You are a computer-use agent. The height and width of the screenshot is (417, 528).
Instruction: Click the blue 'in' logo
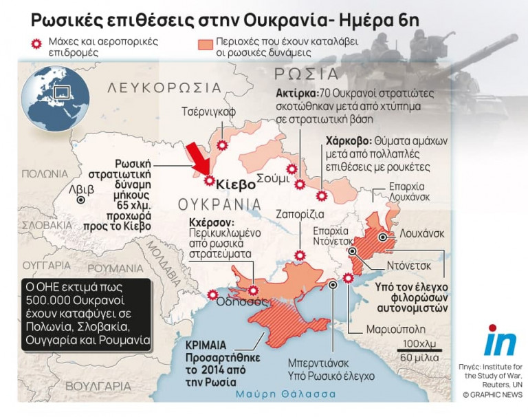click(x=500, y=341)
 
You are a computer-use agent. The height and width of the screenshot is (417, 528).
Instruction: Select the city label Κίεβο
click(x=235, y=184)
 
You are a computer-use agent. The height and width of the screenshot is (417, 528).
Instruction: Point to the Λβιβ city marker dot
click(x=81, y=200)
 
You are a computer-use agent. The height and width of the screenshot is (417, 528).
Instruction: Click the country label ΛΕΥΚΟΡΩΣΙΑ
click(x=164, y=88)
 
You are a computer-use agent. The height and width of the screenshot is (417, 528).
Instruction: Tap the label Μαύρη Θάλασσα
click(x=285, y=394)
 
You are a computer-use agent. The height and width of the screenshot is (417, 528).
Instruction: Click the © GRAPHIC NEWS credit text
click(x=492, y=394)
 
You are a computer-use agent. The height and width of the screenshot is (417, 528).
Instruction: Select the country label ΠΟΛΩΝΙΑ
click(x=44, y=173)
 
